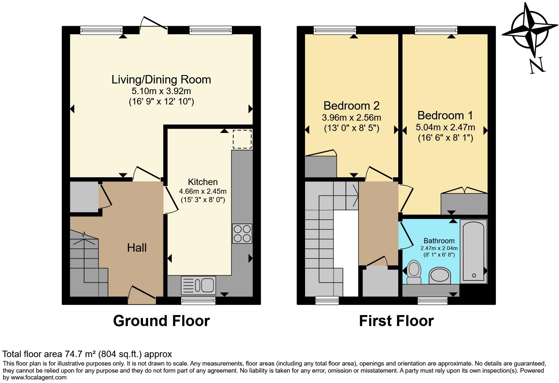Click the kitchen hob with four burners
point(242,234)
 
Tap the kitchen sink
point(198,285)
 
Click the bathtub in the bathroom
point(473,251)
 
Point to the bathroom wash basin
point(440,275)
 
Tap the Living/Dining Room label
point(161,80)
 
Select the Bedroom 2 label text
point(351,106)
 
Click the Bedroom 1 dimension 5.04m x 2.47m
point(445,127)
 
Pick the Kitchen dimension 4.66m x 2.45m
point(203,191)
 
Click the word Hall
point(137,248)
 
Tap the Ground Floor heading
point(161,321)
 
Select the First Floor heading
point(396,321)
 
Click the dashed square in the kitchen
point(242,139)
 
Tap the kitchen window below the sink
point(198,301)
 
